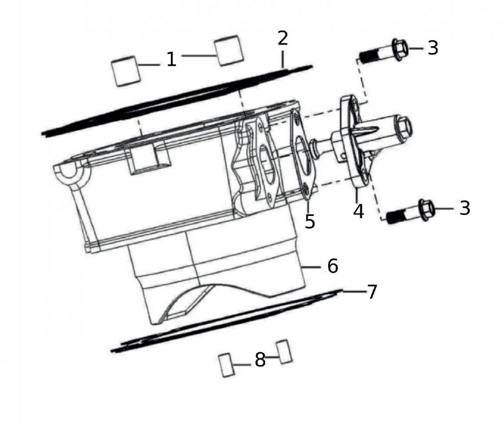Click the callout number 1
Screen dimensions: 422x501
171,59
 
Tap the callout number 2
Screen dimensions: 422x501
283,39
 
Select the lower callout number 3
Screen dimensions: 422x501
464,208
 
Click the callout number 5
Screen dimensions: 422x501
310,221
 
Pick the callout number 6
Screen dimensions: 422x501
333,266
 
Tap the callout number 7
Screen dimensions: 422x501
372,292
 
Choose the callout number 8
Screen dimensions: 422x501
260,359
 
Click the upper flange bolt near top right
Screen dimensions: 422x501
383,52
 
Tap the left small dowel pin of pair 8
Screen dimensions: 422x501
226,364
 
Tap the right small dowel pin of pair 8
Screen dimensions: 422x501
284,351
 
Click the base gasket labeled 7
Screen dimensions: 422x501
225,321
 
